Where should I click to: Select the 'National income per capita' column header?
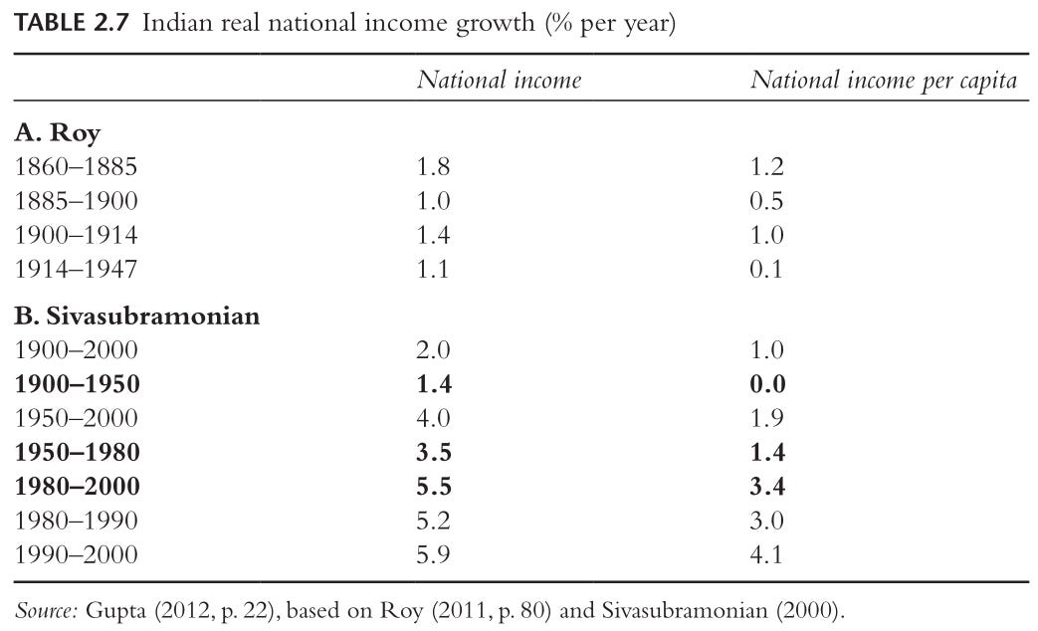pyautogui.click(x=883, y=81)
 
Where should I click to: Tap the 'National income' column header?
pyautogui.click(x=500, y=80)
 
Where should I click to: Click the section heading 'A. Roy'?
pyautogui.click(x=58, y=133)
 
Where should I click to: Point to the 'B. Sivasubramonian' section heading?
pyautogui.click(x=137, y=315)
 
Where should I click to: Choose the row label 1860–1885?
pyautogui.click(x=76, y=166)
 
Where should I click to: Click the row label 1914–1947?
pyautogui.click(x=76, y=269)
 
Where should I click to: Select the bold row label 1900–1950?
pyautogui.click(x=77, y=384)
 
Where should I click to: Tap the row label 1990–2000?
pyautogui.click(x=76, y=554)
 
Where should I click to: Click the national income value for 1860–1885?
pyautogui.click(x=433, y=166)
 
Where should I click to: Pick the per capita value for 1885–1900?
pyautogui.click(x=766, y=201)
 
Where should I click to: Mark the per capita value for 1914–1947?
pyautogui.click(x=766, y=269)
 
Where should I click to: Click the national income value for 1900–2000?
pyautogui.click(x=433, y=349)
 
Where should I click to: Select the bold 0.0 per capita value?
pyautogui.click(x=767, y=384)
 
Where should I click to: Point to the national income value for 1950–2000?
pyautogui.click(x=433, y=418)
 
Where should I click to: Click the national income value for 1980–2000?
pyautogui.click(x=434, y=486)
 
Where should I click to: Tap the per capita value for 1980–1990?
pyautogui.click(x=766, y=521)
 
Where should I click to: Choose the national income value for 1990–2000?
pyautogui.click(x=433, y=554)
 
